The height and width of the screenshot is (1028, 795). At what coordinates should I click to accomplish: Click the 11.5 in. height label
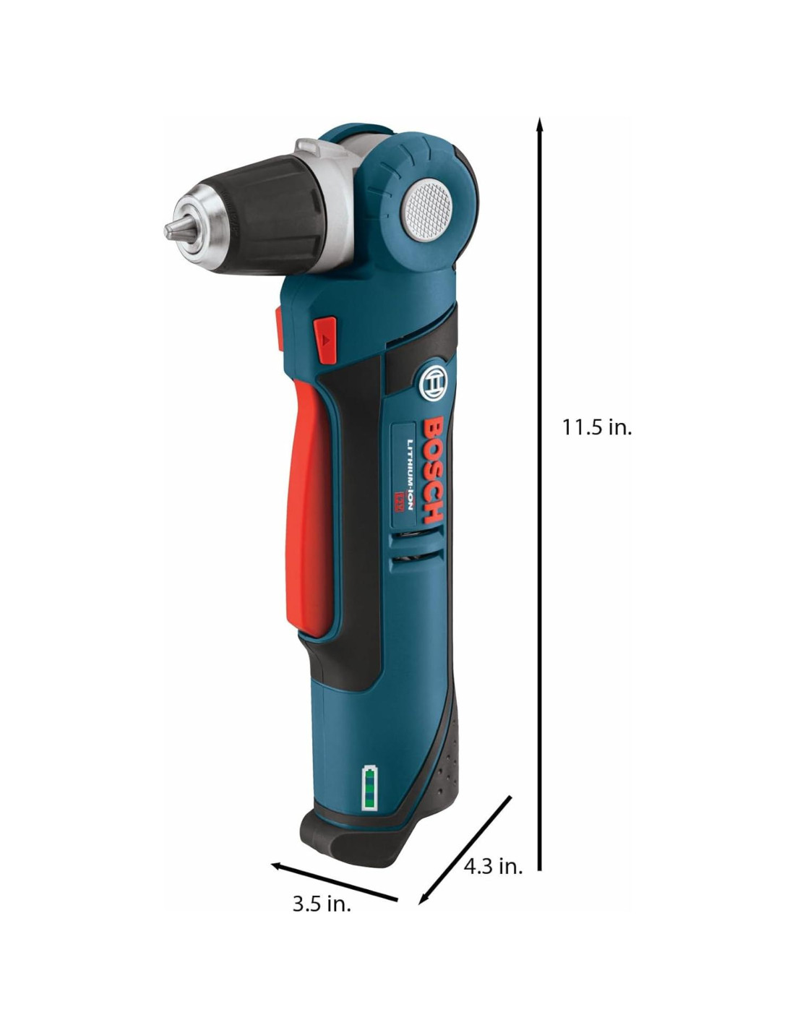click(596, 428)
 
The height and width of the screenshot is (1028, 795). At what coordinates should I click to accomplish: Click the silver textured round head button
click(426, 210)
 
